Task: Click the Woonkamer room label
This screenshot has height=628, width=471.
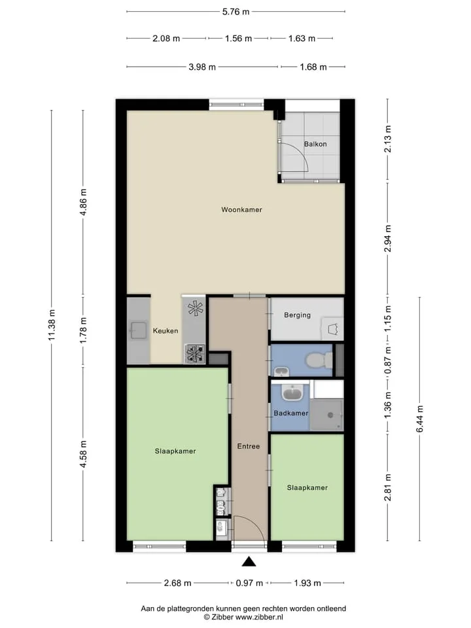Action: pyautogui.click(x=241, y=209)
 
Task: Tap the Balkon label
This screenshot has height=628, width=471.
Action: pyautogui.click(x=315, y=144)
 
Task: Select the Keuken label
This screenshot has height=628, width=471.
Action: pyautogui.click(x=166, y=331)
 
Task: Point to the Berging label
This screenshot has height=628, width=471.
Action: pyautogui.click(x=297, y=315)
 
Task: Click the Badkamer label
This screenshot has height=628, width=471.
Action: pyautogui.click(x=290, y=413)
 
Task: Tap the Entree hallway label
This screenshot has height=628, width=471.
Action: pyautogui.click(x=249, y=446)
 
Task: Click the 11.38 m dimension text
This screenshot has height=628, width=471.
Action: pyautogui.click(x=52, y=325)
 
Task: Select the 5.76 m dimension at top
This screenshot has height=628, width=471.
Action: pyautogui.click(x=236, y=12)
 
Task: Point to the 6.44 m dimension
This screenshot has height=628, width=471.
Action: pyautogui.click(x=420, y=419)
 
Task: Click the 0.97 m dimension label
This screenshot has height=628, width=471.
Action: pyautogui.click(x=249, y=583)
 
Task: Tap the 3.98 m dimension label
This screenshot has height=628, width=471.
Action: pyautogui.click(x=202, y=67)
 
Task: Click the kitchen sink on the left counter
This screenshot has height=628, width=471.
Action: pyautogui.click(x=138, y=330)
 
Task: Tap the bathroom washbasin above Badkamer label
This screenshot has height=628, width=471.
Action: pyautogui.click(x=294, y=393)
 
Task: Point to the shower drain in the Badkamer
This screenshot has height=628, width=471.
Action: pyautogui.click(x=330, y=415)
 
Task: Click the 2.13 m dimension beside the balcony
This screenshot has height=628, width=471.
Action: pyautogui.click(x=387, y=139)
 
